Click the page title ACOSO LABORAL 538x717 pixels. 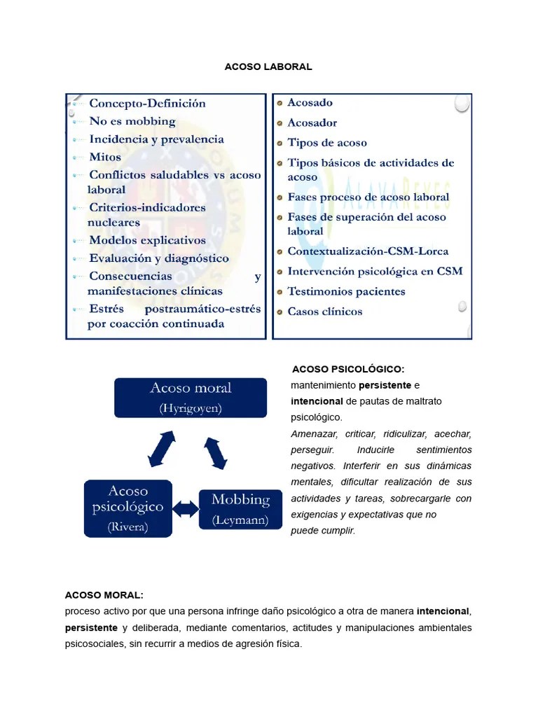(268, 67)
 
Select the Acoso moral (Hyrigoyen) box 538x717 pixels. (191, 397)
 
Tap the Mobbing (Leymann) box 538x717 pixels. (240, 509)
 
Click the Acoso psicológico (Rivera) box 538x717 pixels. (127, 508)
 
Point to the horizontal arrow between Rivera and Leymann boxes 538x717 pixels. (186, 509)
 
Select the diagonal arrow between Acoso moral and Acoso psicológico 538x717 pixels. (162, 449)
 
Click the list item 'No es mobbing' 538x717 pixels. (132, 121)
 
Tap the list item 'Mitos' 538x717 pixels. (105, 157)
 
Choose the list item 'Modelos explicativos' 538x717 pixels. (147, 240)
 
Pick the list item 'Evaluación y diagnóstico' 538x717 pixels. (158, 258)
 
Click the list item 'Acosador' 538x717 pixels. (312, 123)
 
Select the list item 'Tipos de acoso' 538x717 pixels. (326, 143)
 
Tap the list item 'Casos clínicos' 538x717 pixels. (324, 312)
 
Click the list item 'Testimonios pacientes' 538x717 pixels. (346, 291)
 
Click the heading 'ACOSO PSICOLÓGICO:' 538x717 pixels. (348, 369)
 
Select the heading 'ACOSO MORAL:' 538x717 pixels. (104, 595)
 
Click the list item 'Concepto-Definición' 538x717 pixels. (147, 103)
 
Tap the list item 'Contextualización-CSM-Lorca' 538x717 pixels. (368, 251)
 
